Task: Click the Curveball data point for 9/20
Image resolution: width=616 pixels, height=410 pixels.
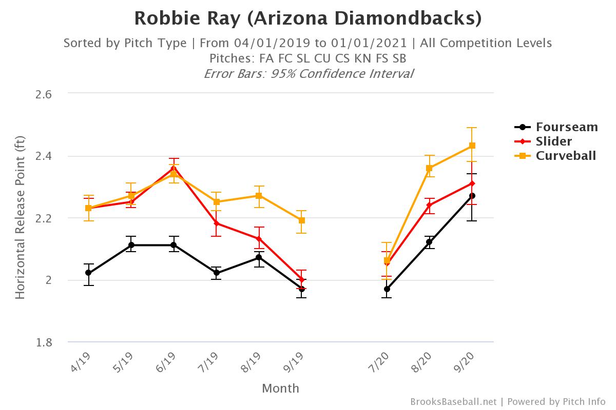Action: (472, 146)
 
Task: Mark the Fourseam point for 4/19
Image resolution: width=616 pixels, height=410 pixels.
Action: (88, 273)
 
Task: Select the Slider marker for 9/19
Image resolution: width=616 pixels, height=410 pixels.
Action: (302, 280)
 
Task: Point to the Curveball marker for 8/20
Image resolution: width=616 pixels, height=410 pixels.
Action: (429, 168)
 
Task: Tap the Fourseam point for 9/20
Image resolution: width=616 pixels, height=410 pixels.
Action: (472, 196)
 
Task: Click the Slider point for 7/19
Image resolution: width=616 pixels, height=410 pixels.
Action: (217, 223)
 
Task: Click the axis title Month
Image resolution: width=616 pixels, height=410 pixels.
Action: (280, 388)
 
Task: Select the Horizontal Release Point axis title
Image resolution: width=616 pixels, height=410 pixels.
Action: (20, 218)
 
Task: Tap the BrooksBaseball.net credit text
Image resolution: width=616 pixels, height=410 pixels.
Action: (454, 402)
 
